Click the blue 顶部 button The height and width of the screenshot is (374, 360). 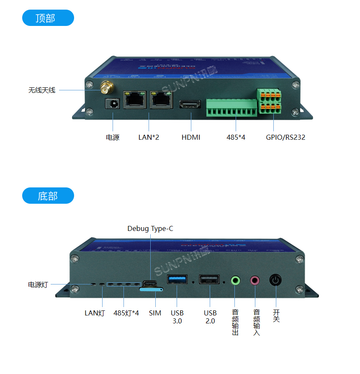coord(48,18)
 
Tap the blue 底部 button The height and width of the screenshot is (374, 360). coord(48,196)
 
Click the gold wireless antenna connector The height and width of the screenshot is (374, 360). coord(105,88)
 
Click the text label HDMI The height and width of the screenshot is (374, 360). coord(191,137)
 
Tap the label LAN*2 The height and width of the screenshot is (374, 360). coord(149,137)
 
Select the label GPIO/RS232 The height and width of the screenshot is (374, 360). coord(285,137)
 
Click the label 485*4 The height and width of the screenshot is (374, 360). coord(236,137)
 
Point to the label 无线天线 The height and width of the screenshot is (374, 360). coord(42,90)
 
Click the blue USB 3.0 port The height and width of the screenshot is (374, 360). coord(177,279)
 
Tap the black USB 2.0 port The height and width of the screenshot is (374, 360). coord(209,279)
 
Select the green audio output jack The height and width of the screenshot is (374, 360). coord(235,280)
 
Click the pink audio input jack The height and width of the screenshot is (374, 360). coord(255,280)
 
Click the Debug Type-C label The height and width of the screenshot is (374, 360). coord(150,228)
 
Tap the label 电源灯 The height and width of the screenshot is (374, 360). coord(38,284)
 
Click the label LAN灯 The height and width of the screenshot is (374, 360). coord(95,313)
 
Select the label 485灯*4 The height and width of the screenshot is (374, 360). coord(126,313)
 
